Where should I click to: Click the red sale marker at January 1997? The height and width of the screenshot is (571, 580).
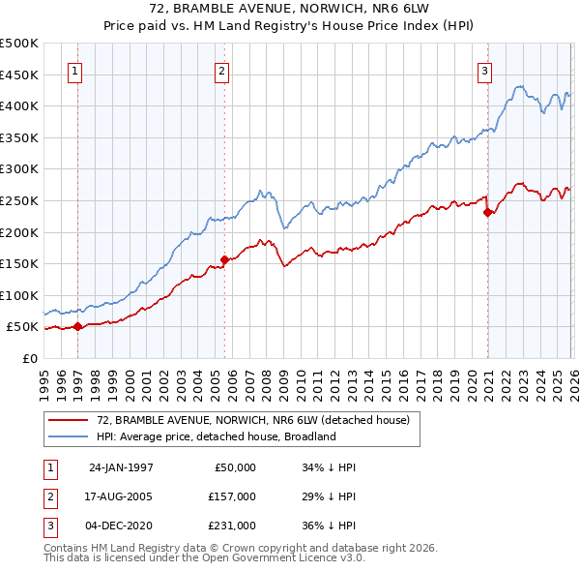coord(78,326)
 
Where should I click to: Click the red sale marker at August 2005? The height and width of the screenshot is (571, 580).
coord(224,259)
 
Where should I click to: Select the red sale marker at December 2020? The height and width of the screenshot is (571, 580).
coord(487,213)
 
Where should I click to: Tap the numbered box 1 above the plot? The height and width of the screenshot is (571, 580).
coord(75,70)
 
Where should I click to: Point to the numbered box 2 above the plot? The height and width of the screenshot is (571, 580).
coord(222,70)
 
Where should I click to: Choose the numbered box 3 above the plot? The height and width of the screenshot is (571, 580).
coord(484,70)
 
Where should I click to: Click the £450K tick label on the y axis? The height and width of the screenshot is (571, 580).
coord(18,75)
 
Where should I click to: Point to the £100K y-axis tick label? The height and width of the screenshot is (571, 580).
coord(18,295)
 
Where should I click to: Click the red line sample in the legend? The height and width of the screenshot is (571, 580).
coord(70,420)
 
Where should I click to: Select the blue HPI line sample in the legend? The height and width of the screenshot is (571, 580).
coord(70,436)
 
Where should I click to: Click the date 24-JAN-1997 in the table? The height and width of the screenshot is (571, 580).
coord(121,467)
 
